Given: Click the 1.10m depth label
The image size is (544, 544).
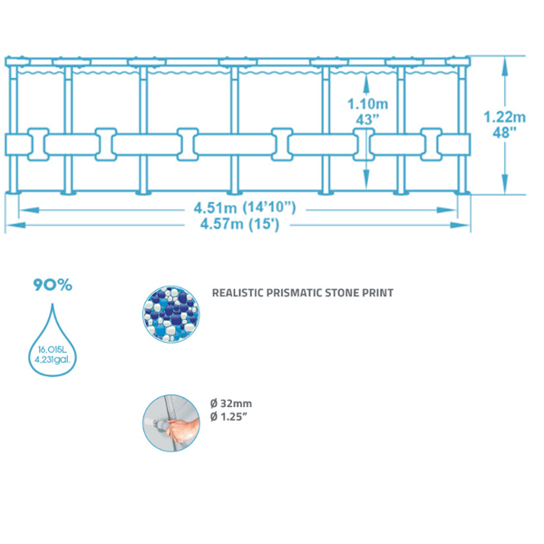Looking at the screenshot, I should [365, 103].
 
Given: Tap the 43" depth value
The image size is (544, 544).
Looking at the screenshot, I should [365, 118].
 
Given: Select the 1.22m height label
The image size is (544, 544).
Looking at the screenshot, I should [504, 117].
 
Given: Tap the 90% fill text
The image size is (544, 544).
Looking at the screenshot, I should [53, 285].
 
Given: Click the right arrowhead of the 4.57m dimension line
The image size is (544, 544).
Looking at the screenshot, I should [470, 225].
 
